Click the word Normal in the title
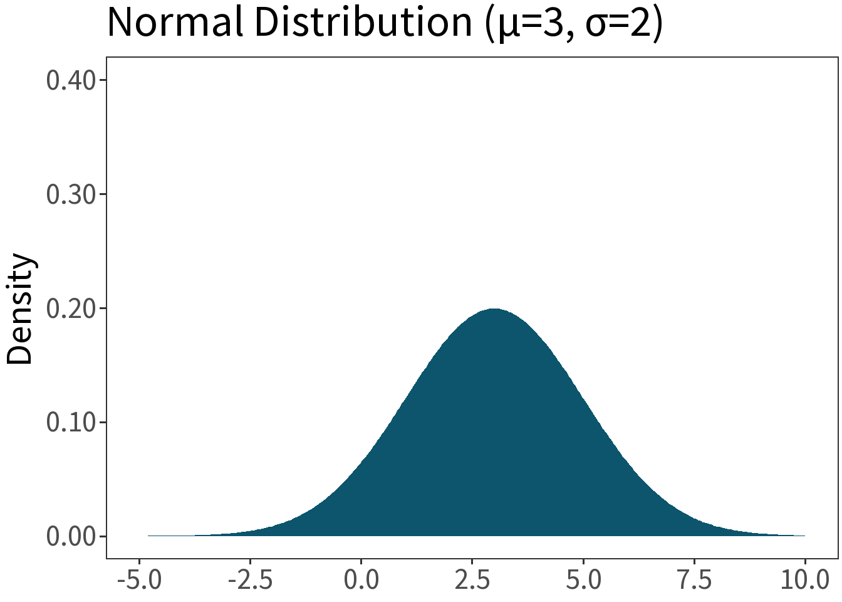click(x=175, y=22)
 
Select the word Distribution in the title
click(x=363, y=22)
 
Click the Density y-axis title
click(x=20, y=309)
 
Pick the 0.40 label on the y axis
click(x=71, y=81)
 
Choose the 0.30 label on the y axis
click(x=71, y=194)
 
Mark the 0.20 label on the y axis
click(x=71, y=309)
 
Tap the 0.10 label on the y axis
click(x=71, y=422)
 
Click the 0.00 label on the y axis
click(x=71, y=536)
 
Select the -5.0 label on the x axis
click(x=140, y=580)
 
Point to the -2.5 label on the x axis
click(x=251, y=580)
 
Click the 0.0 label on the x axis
click(x=361, y=580)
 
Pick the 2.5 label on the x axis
click(x=472, y=580)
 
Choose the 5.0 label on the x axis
click(x=583, y=580)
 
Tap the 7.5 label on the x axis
click(x=694, y=580)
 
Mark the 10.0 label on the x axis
click(x=805, y=580)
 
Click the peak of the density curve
click(x=494, y=309)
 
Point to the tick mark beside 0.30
click(x=103, y=194)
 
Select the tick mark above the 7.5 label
click(x=694, y=561)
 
